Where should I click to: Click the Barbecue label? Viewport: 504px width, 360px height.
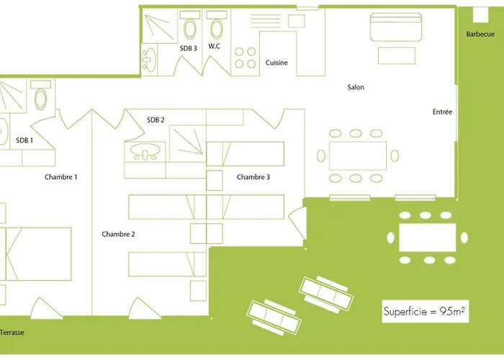click(x=480, y=34)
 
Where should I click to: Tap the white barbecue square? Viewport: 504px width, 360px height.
click(x=480, y=14)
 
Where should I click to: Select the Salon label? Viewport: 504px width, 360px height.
click(x=356, y=87)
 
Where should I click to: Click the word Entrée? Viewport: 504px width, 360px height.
click(x=442, y=112)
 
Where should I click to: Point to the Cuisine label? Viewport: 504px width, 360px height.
click(x=276, y=63)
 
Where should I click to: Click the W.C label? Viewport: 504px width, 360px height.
click(x=214, y=46)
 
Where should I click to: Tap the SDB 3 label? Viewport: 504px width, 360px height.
click(x=189, y=48)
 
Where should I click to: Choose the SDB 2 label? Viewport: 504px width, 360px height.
click(x=156, y=120)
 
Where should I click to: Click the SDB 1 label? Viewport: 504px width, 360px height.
click(x=24, y=140)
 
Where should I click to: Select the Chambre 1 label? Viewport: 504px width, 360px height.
click(x=60, y=177)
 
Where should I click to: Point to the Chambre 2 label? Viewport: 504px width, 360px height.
click(x=118, y=234)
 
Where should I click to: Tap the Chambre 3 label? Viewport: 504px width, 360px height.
click(x=253, y=177)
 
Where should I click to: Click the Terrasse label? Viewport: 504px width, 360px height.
click(x=12, y=333)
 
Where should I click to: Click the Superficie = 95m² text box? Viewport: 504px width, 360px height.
click(x=425, y=311)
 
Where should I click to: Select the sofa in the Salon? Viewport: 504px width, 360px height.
click(x=396, y=27)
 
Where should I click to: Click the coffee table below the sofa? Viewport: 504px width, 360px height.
click(x=397, y=55)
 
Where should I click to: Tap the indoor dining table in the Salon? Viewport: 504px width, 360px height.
click(x=358, y=156)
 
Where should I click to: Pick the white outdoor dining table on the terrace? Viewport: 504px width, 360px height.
click(x=428, y=238)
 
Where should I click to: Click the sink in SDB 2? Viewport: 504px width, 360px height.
click(x=145, y=151)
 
